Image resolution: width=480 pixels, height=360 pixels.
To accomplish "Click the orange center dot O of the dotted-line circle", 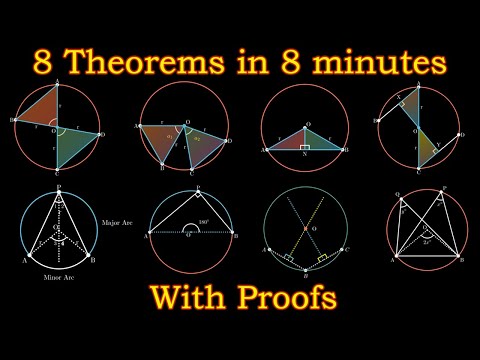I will pyautogui.click(x=304, y=229).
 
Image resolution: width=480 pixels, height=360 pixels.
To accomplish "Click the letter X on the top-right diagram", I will pyautogui.click(x=398, y=99).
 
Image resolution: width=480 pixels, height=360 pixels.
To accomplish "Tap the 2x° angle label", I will pyautogui.click(x=430, y=240).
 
